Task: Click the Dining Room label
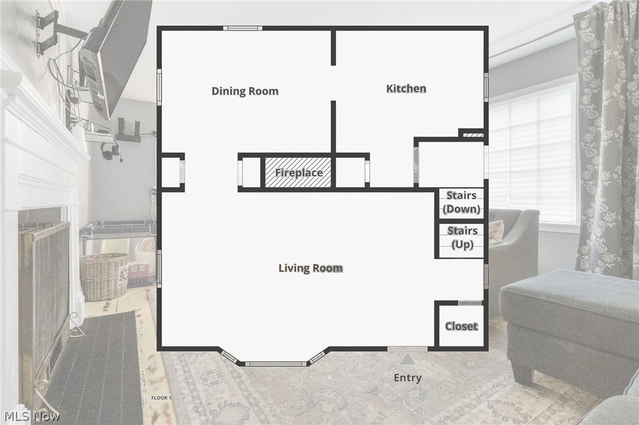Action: click(x=245, y=91)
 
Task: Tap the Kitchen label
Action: click(x=406, y=89)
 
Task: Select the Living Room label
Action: click(x=310, y=268)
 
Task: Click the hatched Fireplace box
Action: click(x=298, y=173)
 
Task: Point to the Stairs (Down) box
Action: click(x=461, y=203)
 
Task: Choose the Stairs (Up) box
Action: click(x=462, y=238)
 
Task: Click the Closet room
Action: click(x=461, y=326)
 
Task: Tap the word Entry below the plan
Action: click(x=407, y=378)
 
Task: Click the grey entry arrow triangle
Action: click(x=407, y=359)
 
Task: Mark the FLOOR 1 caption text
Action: click(x=161, y=398)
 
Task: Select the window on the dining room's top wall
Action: click(x=242, y=28)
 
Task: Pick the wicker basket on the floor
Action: click(x=104, y=276)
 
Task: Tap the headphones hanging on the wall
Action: click(x=111, y=152)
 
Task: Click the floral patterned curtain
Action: click(x=606, y=135)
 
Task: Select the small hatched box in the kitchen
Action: click(x=472, y=135)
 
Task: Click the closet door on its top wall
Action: click(x=470, y=303)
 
